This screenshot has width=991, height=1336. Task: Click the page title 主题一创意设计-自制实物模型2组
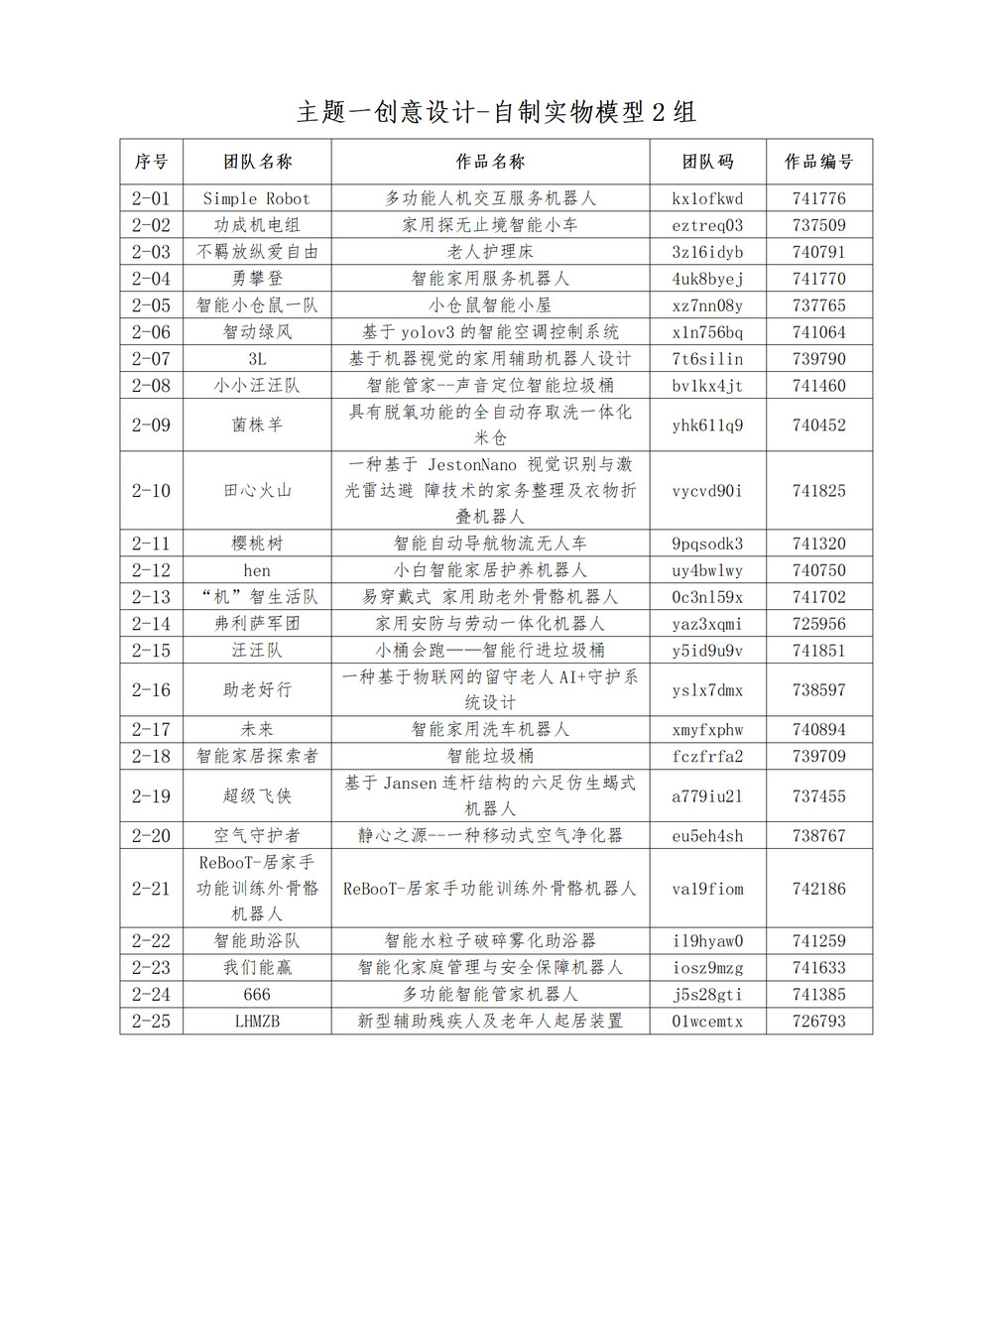click(496, 112)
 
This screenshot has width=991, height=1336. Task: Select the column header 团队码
click(707, 162)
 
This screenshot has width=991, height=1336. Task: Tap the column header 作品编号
click(818, 162)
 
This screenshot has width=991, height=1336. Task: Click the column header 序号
click(151, 162)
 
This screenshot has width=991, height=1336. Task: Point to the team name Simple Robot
click(256, 198)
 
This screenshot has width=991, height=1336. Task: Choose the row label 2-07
click(151, 359)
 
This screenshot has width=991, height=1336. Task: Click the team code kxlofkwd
click(707, 198)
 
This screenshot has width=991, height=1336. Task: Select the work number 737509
click(818, 225)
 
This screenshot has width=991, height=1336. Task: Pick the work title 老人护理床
click(490, 252)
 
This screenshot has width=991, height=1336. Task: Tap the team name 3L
click(257, 359)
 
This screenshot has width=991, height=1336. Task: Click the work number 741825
click(818, 491)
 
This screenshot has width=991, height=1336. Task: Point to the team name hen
click(257, 570)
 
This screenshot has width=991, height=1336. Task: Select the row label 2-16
click(151, 690)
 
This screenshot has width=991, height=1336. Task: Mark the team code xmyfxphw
click(707, 730)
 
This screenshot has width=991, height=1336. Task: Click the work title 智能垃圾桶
click(490, 756)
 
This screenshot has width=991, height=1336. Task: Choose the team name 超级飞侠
click(257, 796)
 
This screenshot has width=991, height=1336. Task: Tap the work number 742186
click(818, 889)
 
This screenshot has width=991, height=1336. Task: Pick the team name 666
click(257, 994)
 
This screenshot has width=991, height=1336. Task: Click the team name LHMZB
click(257, 1021)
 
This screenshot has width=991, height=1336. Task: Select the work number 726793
click(818, 1021)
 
